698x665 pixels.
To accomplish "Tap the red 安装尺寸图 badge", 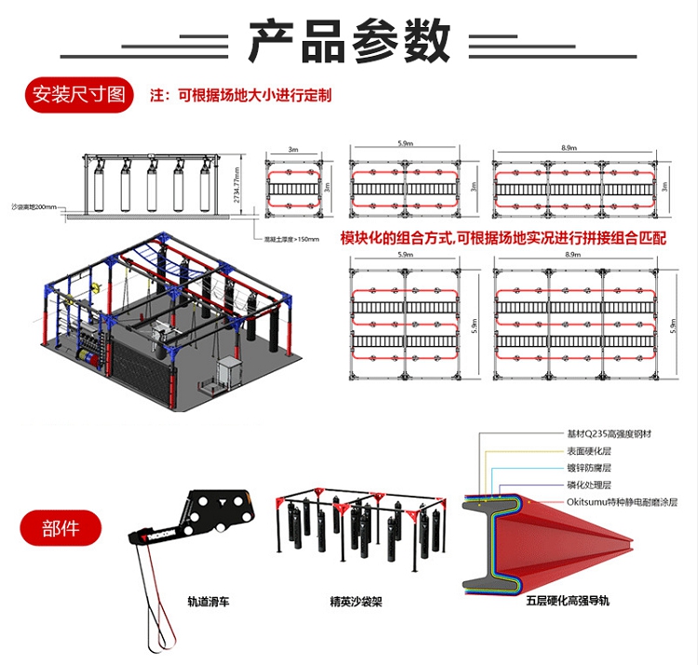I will click(77, 95).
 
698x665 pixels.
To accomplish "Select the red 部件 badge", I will click(61, 528).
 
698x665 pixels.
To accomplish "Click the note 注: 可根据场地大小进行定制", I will click(241, 95).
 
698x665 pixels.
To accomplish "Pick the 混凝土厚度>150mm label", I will click(291, 239).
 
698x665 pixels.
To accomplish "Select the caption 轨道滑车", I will click(204, 602).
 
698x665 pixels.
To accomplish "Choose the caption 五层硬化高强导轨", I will click(567, 602).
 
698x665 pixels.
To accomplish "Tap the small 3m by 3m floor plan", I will click(293, 186).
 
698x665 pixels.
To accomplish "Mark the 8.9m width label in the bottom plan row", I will click(570, 254).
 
